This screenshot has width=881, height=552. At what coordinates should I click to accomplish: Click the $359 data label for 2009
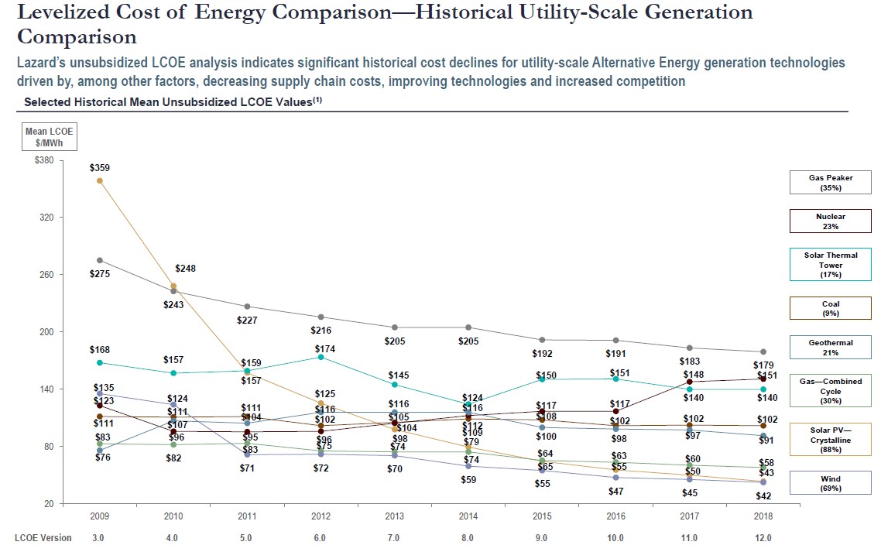(x=100, y=167)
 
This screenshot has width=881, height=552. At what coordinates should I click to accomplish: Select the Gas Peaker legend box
(x=831, y=183)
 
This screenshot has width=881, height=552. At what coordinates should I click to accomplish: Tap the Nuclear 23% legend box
(x=831, y=221)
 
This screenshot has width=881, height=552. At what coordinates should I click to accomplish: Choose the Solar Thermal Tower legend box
(x=831, y=265)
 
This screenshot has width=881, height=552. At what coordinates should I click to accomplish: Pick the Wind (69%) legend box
(x=831, y=483)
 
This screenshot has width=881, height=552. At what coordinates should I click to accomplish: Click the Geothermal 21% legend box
(x=831, y=347)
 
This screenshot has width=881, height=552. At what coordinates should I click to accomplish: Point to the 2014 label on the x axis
(x=468, y=516)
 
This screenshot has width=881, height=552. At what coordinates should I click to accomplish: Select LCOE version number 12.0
(x=763, y=537)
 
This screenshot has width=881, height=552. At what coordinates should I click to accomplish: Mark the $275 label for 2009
(x=100, y=274)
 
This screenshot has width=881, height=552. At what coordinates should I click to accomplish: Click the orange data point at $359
(x=99, y=180)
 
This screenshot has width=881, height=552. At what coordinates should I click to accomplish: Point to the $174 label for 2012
(x=325, y=349)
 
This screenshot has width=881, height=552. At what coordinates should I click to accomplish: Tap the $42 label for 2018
(x=763, y=496)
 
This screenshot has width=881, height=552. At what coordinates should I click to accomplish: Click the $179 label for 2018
(x=763, y=365)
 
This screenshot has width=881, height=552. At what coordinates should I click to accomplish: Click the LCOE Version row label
(x=43, y=537)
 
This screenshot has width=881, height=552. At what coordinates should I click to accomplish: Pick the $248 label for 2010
(x=185, y=269)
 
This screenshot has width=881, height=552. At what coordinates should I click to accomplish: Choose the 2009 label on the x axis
(x=100, y=516)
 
